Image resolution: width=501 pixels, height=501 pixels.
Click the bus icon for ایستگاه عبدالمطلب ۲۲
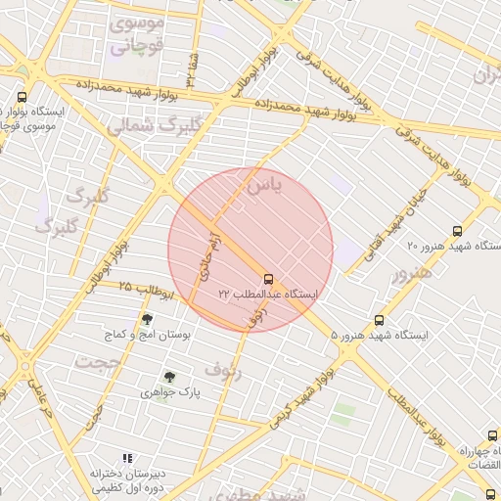(269, 278)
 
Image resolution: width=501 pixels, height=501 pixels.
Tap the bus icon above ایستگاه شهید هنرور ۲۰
(457, 231)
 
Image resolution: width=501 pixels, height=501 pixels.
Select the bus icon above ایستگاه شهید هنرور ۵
(380, 320)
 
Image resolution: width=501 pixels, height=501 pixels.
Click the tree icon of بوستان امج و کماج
(148, 319)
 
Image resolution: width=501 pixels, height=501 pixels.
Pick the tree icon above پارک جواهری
(170, 377)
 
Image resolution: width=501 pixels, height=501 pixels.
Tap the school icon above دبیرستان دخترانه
(127, 458)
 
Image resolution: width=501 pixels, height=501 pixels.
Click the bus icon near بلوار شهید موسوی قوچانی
(23, 97)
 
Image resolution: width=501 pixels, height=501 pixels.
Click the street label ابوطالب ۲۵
(146, 290)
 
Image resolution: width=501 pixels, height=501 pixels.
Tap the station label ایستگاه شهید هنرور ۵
(381, 336)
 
